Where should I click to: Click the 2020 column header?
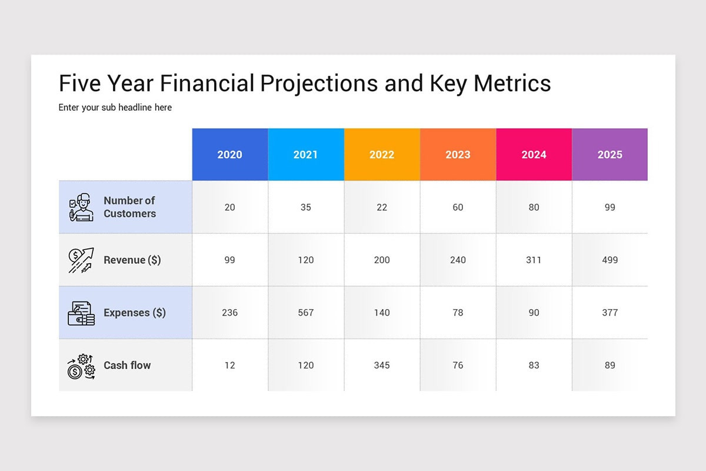point(230,154)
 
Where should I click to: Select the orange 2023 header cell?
point(458,154)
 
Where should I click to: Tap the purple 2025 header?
point(610,154)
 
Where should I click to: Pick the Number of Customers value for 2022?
point(382,207)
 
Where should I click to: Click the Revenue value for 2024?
point(534,260)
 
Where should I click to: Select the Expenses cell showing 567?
point(306,313)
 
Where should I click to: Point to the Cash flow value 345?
point(382,365)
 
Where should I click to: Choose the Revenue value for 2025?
point(610,260)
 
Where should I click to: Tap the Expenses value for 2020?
point(230,313)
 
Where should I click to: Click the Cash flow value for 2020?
point(230,365)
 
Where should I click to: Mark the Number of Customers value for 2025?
point(610,207)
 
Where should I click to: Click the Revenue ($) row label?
point(132,260)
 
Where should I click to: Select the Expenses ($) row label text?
point(135,313)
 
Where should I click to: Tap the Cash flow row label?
point(127,365)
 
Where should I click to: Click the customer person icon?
point(81,207)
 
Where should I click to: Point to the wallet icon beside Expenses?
point(81,313)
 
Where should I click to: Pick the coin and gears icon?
point(81,367)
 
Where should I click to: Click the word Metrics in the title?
point(512,83)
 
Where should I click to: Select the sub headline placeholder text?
point(115,108)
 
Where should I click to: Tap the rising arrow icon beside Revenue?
point(81,260)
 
